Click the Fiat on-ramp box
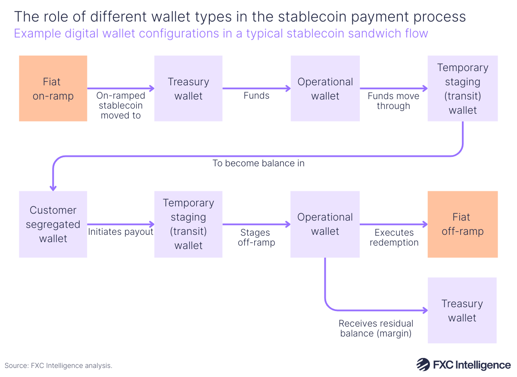click(53, 88)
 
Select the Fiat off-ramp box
click(462, 224)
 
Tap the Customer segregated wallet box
click(53, 224)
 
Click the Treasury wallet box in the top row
click(188, 88)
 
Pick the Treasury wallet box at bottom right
click(462, 310)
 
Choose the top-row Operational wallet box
click(325, 88)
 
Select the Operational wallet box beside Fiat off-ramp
click(325, 224)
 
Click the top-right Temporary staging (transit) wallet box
click(462, 88)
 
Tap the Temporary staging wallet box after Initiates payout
click(188, 224)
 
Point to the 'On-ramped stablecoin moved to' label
click(121, 106)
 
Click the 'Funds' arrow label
click(256, 96)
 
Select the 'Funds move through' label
click(393, 101)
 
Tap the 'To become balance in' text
click(258, 163)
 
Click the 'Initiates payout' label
click(121, 232)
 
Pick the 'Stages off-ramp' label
click(256, 237)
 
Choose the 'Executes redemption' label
click(394, 237)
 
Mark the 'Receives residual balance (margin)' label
click(376, 328)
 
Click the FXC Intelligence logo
click(464, 365)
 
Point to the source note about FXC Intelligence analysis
click(59, 365)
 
